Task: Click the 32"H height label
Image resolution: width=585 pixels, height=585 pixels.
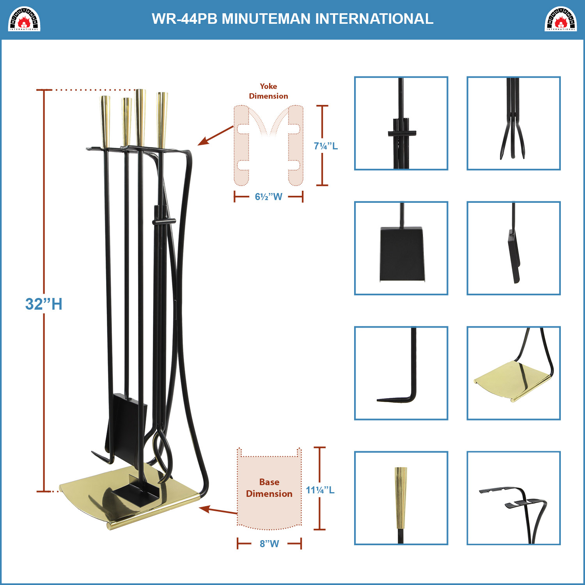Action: click(44, 304)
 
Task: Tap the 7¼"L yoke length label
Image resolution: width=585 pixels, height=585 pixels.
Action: click(326, 146)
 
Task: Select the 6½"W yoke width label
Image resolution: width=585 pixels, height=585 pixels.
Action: click(268, 197)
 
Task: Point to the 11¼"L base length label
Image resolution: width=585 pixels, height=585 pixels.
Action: click(320, 490)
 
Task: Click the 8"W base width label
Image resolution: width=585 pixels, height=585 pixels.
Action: click(269, 544)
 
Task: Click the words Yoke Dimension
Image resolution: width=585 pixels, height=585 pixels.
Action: click(269, 91)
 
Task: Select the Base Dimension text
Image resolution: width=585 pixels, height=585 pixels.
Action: click(269, 488)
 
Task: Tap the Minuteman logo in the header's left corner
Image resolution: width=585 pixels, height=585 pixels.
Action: click(24, 19)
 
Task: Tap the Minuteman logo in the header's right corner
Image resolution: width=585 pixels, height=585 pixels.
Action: click(560, 19)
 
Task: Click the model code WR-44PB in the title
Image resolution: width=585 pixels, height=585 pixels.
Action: click(184, 19)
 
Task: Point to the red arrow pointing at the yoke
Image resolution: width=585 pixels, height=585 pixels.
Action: click(215, 136)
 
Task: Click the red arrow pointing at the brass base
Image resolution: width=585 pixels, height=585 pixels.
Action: click(218, 510)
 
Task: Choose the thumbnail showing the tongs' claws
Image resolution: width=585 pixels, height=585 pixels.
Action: click(514, 123)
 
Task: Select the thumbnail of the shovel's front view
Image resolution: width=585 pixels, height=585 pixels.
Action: click(401, 248)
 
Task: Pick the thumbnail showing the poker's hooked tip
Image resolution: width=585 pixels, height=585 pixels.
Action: click(401, 373)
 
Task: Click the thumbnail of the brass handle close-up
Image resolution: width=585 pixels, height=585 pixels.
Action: click(401, 498)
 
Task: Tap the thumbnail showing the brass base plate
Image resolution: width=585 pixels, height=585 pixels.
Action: click(514, 373)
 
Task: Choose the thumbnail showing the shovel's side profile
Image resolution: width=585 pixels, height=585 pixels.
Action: click(514, 248)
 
